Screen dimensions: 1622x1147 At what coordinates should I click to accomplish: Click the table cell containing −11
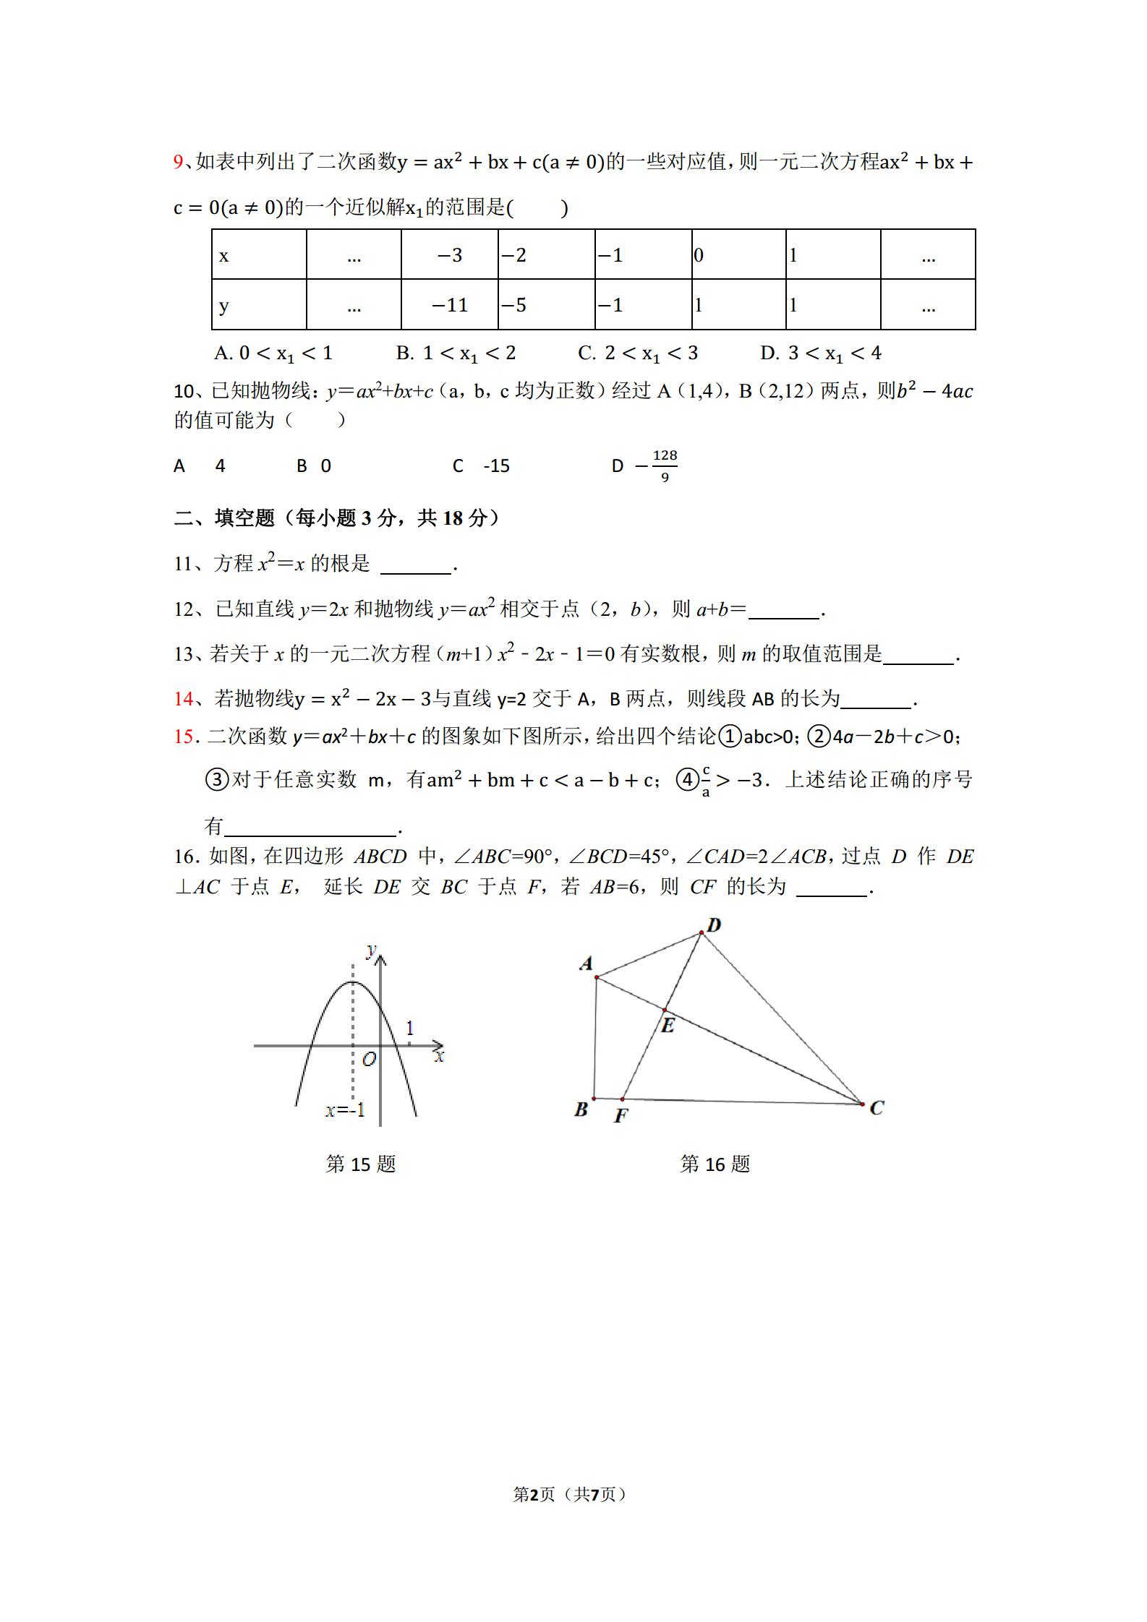point(449,305)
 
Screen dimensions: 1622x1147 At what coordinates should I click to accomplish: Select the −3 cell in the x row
point(449,255)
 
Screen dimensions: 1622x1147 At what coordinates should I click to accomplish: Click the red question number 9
point(179,162)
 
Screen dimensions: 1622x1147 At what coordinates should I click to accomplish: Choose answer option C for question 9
point(638,353)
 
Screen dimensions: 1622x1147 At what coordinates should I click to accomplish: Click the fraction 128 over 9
point(664,466)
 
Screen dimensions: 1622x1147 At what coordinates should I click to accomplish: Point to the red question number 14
point(184,698)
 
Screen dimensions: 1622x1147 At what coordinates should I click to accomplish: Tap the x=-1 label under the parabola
point(345,1110)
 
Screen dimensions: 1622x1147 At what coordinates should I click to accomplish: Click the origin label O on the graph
point(369,1060)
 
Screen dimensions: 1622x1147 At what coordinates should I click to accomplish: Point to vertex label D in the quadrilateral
point(714,925)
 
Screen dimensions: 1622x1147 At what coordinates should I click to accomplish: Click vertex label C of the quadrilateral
point(877,1107)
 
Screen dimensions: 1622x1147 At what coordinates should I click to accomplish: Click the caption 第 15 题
point(361,1164)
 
